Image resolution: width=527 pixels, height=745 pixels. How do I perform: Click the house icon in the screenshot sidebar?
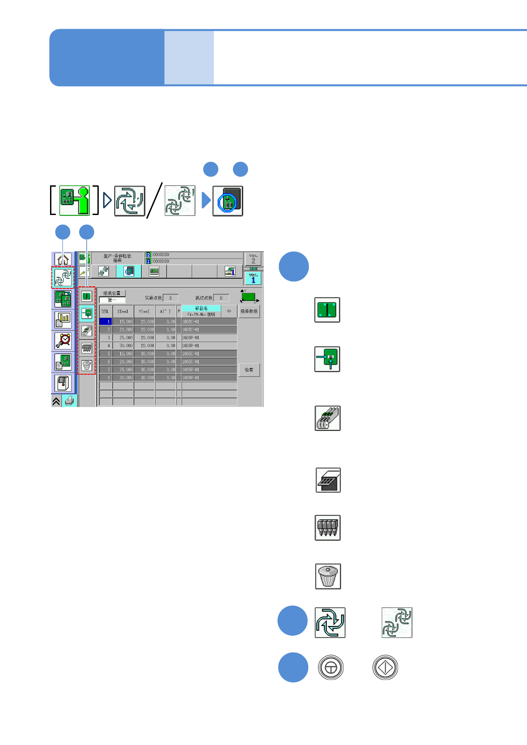[x=63, y=259]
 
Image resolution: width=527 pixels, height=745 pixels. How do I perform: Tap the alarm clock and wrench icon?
[x=63, y=341]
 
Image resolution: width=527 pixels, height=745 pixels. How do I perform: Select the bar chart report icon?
[x=63, y=320]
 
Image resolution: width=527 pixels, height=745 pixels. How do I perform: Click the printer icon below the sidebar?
[x=70, y=401]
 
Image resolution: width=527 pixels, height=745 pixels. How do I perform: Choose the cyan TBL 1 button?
[x=253, y=278]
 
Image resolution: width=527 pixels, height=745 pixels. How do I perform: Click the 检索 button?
[x=249, y=370]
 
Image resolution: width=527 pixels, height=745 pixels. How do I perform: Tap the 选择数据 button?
[x=249, y=311]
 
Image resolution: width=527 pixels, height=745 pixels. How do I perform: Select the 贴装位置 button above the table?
[x=112, y=293]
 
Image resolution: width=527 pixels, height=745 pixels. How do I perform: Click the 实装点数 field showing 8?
[x=170, y=298]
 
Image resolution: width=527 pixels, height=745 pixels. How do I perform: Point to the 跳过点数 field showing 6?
[x=221, y=298]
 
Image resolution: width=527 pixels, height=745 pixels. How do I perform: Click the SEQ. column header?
[x=105, y=311]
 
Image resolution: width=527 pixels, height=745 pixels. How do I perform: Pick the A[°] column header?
[x=166, y=311]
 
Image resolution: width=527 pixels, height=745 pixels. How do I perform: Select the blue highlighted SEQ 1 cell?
[x=105, y=322]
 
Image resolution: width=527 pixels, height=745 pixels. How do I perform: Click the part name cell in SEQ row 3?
[x=209, y=338]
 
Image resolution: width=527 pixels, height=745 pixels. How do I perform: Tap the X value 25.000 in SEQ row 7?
[x=123, y=369]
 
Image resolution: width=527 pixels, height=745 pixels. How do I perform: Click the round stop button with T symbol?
[x=331, y=667]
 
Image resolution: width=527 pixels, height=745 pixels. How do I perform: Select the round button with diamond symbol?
[x=385, y=667]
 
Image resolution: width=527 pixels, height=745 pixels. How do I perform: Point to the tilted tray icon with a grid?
[x=328, y=480]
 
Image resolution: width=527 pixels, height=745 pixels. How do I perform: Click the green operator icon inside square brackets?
[x=75, y=200]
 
